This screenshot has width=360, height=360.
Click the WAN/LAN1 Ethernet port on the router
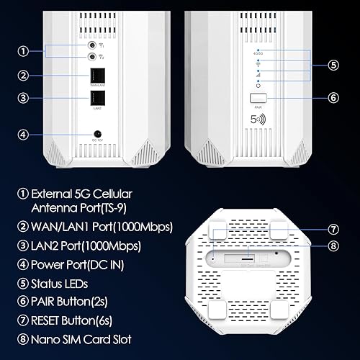click(96, 77)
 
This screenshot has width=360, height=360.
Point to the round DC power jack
click(96, 133)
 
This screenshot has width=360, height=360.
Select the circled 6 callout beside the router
click(332, 96)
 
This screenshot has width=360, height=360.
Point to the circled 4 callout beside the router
click(24, 133)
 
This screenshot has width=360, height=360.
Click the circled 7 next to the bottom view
click(332, 230)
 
